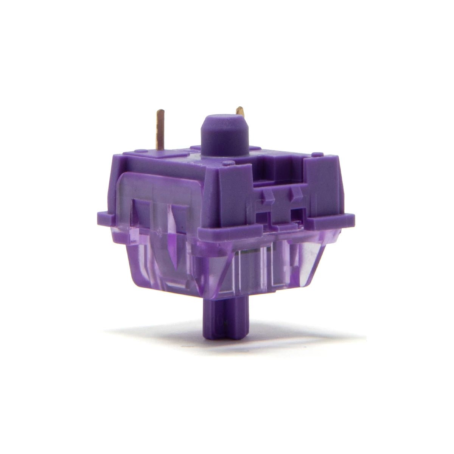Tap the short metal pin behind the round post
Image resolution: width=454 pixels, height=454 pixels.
(239, 113)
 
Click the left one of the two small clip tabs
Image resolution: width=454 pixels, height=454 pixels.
(268, 195)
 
